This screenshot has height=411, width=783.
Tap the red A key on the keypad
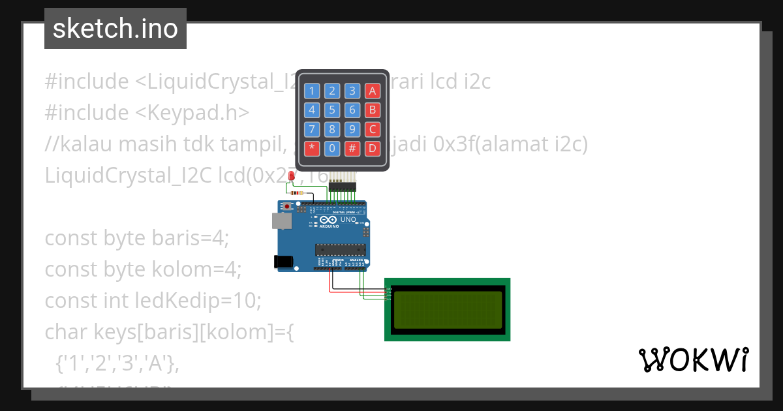(372, 91)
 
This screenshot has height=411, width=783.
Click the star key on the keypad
(312, 148)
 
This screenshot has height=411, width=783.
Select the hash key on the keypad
(352, 148)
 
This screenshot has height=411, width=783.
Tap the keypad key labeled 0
(332, 148)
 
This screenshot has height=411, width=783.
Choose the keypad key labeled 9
(352, 129)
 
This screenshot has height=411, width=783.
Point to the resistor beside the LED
(299, 192)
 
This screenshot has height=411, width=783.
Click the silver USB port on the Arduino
(282, 221)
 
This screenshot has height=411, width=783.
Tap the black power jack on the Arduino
(283, 262)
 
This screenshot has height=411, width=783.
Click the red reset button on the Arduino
(287, 207)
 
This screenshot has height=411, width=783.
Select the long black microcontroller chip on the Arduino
(339, 249)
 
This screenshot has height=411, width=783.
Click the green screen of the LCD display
(448, 309)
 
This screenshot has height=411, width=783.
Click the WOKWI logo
(693, 360)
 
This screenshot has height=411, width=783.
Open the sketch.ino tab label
(115, 29)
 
